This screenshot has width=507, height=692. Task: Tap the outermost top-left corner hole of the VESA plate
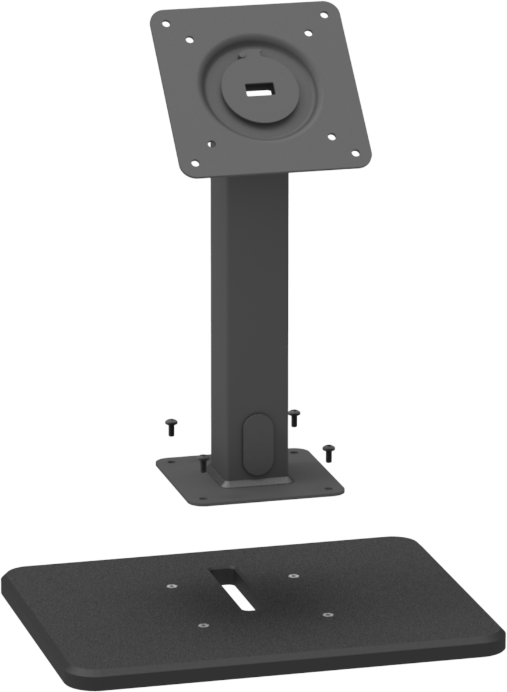coord(166,25)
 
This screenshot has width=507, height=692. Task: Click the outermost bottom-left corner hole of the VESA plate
coord(195,163)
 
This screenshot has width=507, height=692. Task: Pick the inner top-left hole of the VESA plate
coord(189,41)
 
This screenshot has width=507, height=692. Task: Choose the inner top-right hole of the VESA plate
coord(308,33)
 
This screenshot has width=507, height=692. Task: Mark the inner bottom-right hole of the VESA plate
coord(331,138)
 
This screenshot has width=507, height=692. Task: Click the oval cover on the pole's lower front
coord(257,443)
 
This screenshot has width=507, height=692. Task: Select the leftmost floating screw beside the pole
coord(171,427)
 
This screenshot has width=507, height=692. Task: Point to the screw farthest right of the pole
coord(329,452)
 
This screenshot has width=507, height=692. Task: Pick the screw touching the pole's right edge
coord(294,417)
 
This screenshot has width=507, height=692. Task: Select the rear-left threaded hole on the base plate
coord(170,586)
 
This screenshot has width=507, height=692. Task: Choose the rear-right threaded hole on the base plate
coord(293,576)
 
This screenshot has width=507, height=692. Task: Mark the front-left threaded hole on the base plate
coord(202,625)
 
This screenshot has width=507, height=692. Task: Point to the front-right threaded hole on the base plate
coord(328,614)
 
